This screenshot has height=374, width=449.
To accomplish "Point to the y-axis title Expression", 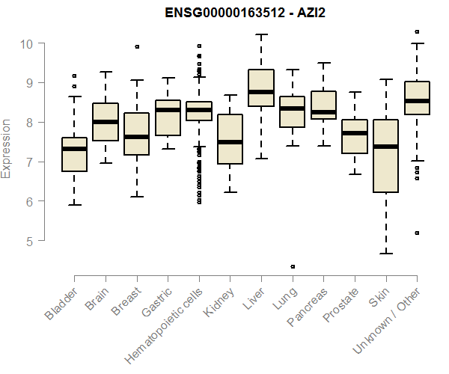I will coord(7,147).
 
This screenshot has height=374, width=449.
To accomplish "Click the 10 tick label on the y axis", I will coord(28,43).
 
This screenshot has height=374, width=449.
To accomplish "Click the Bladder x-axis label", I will coord(61,303).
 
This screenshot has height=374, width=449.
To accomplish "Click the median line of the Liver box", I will coord(261,92).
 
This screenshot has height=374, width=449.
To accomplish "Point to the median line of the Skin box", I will coord(385,147).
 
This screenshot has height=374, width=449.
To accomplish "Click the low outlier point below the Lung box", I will coord(293,266).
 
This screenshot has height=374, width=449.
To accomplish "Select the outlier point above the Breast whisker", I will coord(137,46).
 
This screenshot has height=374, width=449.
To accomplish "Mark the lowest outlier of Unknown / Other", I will coord(417,233).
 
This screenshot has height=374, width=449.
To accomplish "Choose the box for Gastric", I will coord(168,118).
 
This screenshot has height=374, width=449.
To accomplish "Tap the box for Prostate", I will coord(355,136).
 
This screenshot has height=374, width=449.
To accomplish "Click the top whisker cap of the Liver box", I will coord(261,34).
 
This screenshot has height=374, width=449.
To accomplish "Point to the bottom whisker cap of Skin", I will coord(385,254).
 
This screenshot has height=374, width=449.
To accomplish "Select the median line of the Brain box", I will coord(106,122).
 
